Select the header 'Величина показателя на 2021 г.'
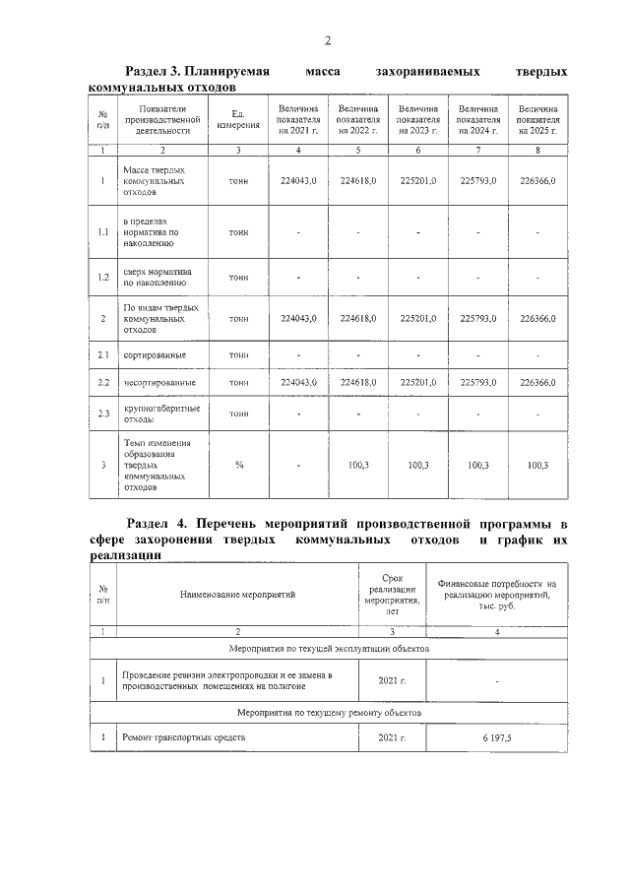298,119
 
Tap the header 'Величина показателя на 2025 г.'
537,119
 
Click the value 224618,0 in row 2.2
358,382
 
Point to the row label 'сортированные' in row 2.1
155,354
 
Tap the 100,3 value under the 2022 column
358,465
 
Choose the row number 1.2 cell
102,278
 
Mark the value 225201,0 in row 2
418,319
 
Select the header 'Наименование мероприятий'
237,594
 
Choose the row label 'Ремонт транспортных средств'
183,736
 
